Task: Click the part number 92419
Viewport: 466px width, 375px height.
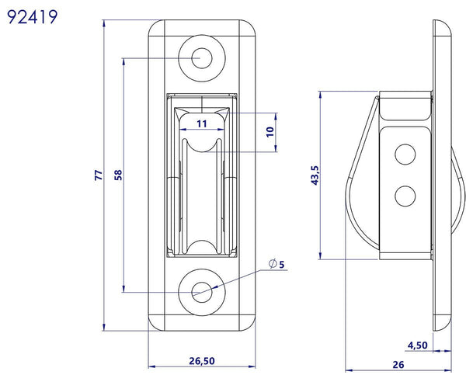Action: click(30, 17)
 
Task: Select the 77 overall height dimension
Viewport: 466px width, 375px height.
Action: click(99, 176)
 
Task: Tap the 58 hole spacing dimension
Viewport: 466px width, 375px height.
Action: click(118, 176)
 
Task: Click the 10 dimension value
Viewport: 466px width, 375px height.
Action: click(270, 132)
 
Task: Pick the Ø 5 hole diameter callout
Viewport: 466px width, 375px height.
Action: click(276, 265)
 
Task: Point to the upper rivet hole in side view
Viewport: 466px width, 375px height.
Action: click(404, 155)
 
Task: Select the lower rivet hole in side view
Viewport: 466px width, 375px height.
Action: click(404, 196)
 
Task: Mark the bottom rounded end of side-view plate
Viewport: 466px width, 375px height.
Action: click(443, 322)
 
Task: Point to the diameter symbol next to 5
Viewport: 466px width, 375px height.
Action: click(271, 265)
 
